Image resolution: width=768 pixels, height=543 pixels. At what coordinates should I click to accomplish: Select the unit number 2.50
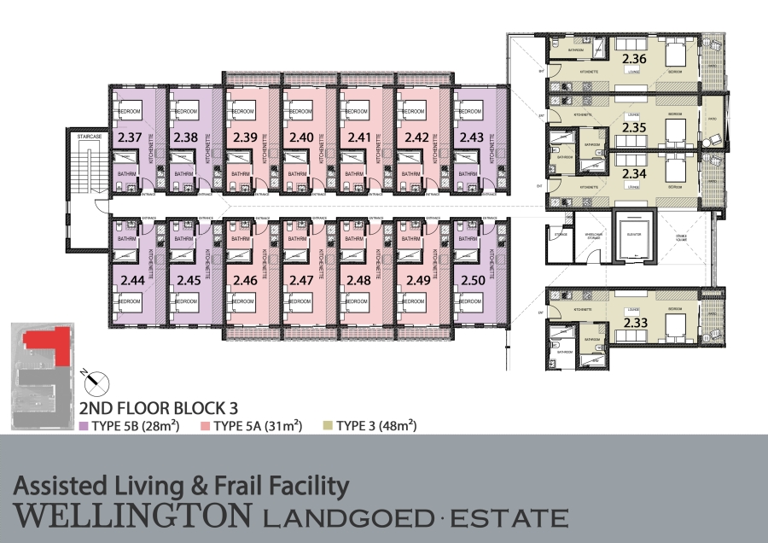click(x=471, y=279)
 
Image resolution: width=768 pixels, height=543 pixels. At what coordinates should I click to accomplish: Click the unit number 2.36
click(x=635, y=58)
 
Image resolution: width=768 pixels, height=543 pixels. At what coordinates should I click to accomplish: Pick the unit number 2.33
click(x=635, y=323)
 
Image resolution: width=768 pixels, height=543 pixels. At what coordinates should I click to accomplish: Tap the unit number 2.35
click(x=635, y=127)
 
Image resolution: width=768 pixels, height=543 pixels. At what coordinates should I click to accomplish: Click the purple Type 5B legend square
click(x=83, y=425)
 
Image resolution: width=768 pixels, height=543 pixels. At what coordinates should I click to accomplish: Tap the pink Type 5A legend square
click(x=205, y=425)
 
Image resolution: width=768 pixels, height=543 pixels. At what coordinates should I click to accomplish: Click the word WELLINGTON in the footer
click(x=133, y=517)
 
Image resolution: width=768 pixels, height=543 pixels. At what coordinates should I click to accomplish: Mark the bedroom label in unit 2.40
click(x=300, y=112)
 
